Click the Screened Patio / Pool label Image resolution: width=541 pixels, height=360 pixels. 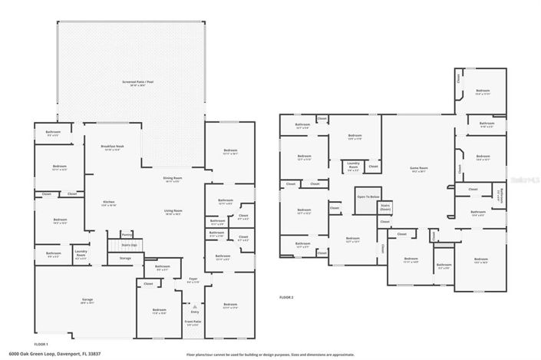coord(134,82)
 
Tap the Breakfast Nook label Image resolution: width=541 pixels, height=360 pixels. coord(112,147)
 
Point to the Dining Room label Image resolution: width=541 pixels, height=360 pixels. coord(172,180)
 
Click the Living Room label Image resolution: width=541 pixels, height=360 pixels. coord(172,212)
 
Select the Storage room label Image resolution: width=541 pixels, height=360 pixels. coord(125,259)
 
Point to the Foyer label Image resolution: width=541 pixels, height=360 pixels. coord(193,281)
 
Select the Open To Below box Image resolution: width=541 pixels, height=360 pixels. coord(368,197)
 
